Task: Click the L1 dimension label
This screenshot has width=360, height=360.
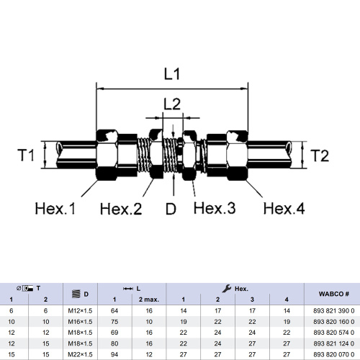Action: (x=171, y=73)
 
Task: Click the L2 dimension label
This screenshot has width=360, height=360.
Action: (x=171, y=104)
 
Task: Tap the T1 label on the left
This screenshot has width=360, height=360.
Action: (x=27, y=154)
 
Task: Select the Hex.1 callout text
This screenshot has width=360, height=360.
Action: (x=55, y=210)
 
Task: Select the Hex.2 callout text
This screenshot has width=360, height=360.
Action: (x=121, y=210)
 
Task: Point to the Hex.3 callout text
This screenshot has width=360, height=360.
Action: (x=215, y=209)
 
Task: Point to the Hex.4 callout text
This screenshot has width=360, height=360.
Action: (x=284, y=210)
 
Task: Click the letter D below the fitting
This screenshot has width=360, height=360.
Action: (x=171, y=210)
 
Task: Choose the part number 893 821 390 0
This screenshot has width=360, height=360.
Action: (x=332, y=310)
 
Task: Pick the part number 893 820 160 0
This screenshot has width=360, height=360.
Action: (x=332, y=322)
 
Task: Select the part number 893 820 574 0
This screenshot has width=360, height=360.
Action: (x=332, y=333)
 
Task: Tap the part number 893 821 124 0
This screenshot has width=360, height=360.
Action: (x=332, y=345)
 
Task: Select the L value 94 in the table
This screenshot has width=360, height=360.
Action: (x=114, y=356)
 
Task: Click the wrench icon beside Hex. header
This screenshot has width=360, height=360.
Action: (x=228, y=287)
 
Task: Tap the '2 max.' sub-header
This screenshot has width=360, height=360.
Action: (x=149, y=299)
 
